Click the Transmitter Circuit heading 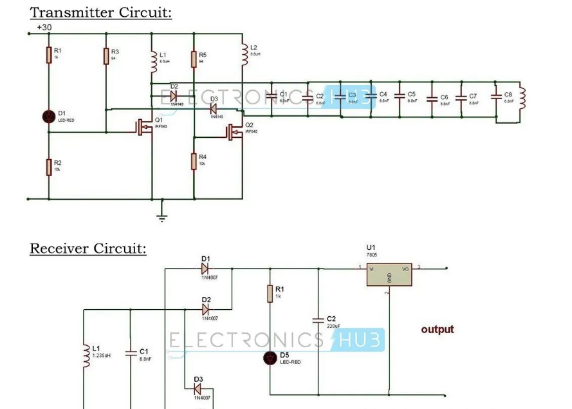pyautogui.click(x=101, y=12)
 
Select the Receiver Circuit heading pyautogui.click(x=88, y=249)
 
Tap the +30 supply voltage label pyautogui.click(x=44, y=28)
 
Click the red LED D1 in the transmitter pyautogui.click(x=49, y=117)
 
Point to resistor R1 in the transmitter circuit pyautogui.click(x=49, y=55)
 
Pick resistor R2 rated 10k pyautogui.click(x=49, y=167)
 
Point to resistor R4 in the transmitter pyautogui.click(x=194, y=161)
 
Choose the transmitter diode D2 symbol pyautogui.click(x=173, y=96)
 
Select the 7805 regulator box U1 pyautogui.click(x=389, y=274)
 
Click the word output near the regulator pyautogui.click(x=438, y=329)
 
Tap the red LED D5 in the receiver pyautogui.click(x=270, y=358)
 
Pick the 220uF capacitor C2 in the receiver pyautogui.click(x=318, y=320)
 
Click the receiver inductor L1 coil pyautogui.click(x=86, y=356)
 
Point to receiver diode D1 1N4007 pyautogui.click(x=206, y=268)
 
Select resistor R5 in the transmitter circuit pyautogui.click(x=194, y=59)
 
